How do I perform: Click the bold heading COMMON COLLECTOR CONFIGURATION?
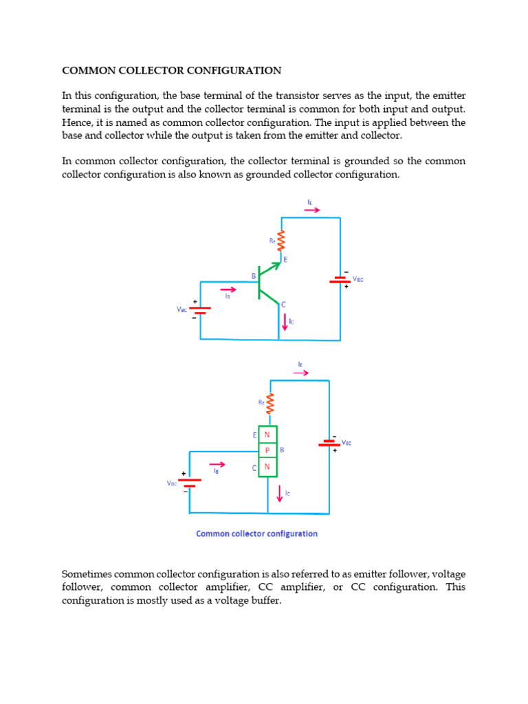[172, 70]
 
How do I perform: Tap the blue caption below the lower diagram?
[256, 533]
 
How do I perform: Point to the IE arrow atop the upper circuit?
[311, 210]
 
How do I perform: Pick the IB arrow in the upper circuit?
[228, 289]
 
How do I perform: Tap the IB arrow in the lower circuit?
[217, 464]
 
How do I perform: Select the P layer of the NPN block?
[267, 451]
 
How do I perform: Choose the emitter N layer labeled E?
[267, 434]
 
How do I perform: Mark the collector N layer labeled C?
[267, 467]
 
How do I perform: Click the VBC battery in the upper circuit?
[199, 310]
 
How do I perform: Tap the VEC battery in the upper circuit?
[340, 280]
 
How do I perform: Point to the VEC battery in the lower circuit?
[329, 443]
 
